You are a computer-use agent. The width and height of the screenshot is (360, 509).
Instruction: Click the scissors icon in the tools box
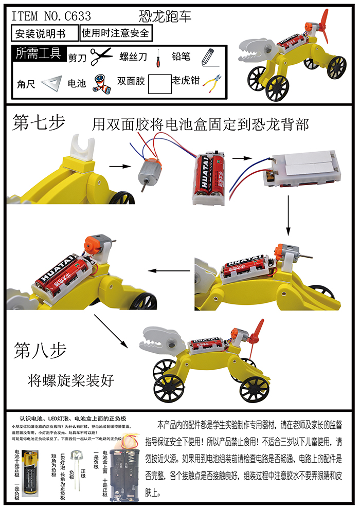pos(101,56)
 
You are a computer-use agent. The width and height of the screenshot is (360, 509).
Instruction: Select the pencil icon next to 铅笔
pos(207,56)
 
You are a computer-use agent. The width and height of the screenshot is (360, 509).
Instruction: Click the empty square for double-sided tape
pos(159,83)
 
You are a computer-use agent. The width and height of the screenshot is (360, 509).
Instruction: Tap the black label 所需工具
pos(38,53)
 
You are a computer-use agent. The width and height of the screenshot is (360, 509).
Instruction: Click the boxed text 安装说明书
pos(45,33)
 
